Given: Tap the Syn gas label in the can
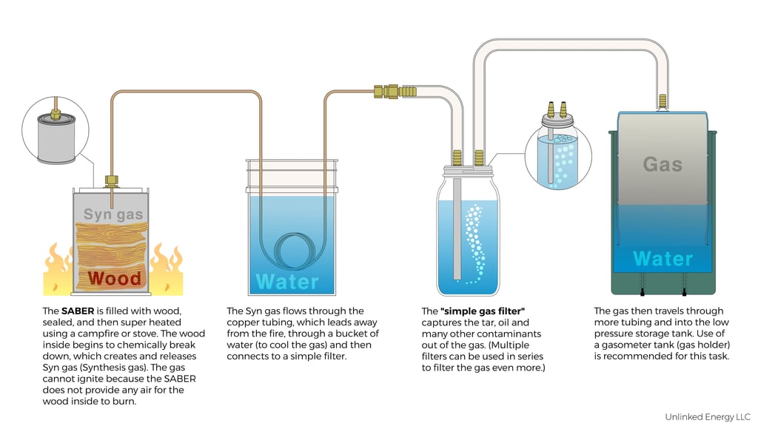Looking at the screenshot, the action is coord(113,214).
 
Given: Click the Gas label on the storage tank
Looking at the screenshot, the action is coord(662,163).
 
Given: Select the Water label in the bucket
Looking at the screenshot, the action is coord(287,281).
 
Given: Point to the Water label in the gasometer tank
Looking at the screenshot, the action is coord(663,258).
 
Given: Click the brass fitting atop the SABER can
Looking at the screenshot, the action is coord(112,180).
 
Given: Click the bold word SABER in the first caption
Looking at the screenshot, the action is coord(78,311).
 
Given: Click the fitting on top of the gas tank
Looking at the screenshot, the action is coord(662,100).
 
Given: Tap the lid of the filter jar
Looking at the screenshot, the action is coord(468,169).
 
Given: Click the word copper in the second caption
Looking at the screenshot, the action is coord(242,322).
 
